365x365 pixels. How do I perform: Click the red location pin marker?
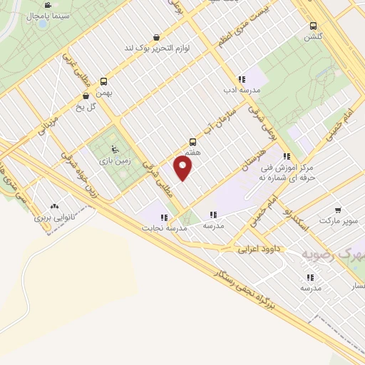pos(183,169)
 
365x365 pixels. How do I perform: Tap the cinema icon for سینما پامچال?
pos(47,5)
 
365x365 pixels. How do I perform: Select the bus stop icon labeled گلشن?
pos(313,25)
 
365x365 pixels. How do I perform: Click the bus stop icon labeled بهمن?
pos(103,81)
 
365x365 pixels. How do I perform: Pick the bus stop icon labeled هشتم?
pos(192,141)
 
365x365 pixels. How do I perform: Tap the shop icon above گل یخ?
pos(86,95)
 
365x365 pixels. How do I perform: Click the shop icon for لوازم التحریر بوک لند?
pos(156,37)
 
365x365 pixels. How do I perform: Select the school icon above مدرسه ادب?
pos(242,79)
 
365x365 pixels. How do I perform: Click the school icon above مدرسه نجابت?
pos(164,217)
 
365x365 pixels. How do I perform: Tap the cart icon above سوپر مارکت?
pos(337,210)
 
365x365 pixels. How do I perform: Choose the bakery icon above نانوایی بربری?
pos(56,207)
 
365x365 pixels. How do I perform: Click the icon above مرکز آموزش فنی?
pos(286,156)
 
